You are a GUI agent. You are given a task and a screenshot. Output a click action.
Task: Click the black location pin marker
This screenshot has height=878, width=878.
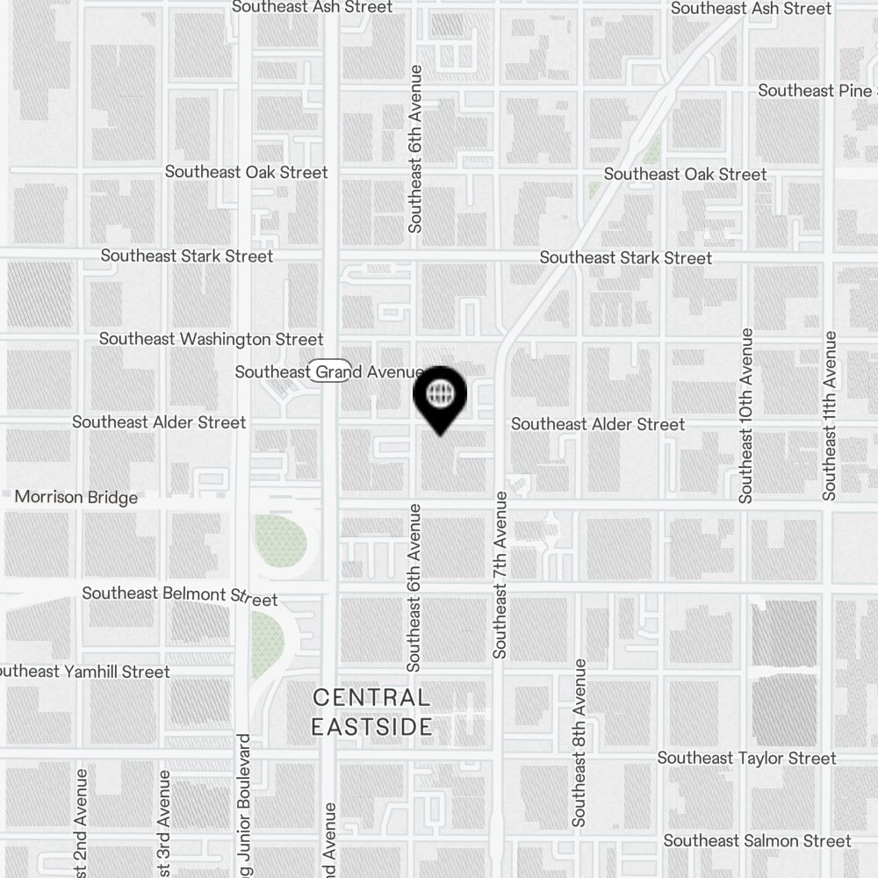tap(439, 398)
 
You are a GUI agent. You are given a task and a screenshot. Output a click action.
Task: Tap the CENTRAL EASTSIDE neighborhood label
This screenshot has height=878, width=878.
tap(372, 712)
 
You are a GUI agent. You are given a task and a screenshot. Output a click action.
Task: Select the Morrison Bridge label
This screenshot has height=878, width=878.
tap(76, 498)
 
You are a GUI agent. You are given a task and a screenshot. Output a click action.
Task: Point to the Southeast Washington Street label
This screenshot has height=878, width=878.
tap(211, 339)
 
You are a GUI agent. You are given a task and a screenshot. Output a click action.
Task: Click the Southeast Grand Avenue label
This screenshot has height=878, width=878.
tap(329, 372)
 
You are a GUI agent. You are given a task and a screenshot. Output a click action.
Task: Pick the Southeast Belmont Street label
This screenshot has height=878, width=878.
tap(179, 595)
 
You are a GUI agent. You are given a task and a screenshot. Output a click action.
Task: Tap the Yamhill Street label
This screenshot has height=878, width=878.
tap(85, 672)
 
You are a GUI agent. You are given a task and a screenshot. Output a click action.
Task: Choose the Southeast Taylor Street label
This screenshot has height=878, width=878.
tap(746, 758)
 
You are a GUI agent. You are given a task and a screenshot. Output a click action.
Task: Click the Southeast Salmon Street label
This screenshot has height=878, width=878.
tap(757, 840)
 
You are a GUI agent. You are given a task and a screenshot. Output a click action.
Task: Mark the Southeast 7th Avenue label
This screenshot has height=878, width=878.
tap(500, 575)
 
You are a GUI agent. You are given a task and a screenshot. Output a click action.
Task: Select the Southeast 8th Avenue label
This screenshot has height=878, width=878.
tap(579, 743)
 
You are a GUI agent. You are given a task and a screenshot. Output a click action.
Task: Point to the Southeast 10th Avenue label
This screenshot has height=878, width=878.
tap(746, 415)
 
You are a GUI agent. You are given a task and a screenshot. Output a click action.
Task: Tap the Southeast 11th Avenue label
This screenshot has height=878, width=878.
tap(829, 415)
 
